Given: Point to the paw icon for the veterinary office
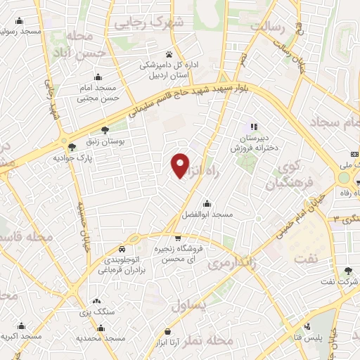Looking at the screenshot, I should tap(169, 54).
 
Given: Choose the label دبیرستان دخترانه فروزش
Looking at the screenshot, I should tap(253, 143).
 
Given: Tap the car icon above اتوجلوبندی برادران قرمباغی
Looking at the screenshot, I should tap(122, 249).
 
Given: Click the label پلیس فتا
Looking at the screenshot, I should tap(309, 338).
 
